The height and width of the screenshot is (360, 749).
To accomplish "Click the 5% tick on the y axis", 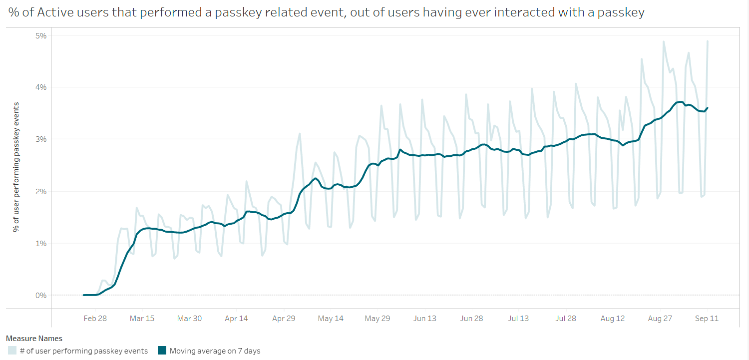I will point(40,35).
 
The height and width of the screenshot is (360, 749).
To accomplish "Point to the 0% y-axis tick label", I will point(40,295).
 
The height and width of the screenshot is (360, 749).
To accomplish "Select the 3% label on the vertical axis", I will point(40,139).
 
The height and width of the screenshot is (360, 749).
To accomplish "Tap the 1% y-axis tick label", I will point(40,243).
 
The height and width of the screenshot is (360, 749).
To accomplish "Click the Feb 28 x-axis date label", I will point(95,319).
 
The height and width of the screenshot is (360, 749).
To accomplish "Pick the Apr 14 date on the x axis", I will point(237,319).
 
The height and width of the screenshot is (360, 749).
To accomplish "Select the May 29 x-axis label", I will point(377,319).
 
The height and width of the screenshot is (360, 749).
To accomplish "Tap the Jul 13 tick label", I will point(518,319).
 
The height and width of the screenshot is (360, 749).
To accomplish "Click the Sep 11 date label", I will point(707,319).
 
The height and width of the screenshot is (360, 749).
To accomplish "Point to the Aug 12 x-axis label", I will point(613,319).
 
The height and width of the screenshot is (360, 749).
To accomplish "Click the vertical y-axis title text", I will point(16,166).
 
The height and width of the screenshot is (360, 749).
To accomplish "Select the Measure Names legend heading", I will point(34,339).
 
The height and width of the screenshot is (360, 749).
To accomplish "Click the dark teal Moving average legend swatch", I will point(162,351).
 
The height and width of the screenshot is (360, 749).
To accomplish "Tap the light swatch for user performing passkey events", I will point(12,351).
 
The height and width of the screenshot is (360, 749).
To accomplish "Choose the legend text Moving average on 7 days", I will point(215,351).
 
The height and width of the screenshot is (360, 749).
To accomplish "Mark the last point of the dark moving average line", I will point(707,108).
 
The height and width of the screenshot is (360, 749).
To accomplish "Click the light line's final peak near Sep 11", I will point(708,41).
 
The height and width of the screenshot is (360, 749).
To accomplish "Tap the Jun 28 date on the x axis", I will point(471,319).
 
